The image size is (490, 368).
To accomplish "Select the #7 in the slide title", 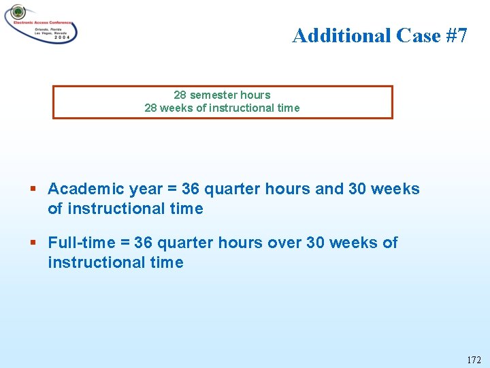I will [457, 35].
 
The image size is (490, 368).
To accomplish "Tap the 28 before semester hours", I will [180, 95].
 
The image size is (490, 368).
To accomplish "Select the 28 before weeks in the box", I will [151, 108].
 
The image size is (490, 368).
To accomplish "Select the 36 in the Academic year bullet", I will [191, 189].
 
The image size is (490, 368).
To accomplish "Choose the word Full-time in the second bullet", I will [80, 243].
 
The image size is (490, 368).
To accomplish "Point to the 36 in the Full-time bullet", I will [144, 243].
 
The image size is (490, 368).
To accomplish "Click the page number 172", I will [474, 359].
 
